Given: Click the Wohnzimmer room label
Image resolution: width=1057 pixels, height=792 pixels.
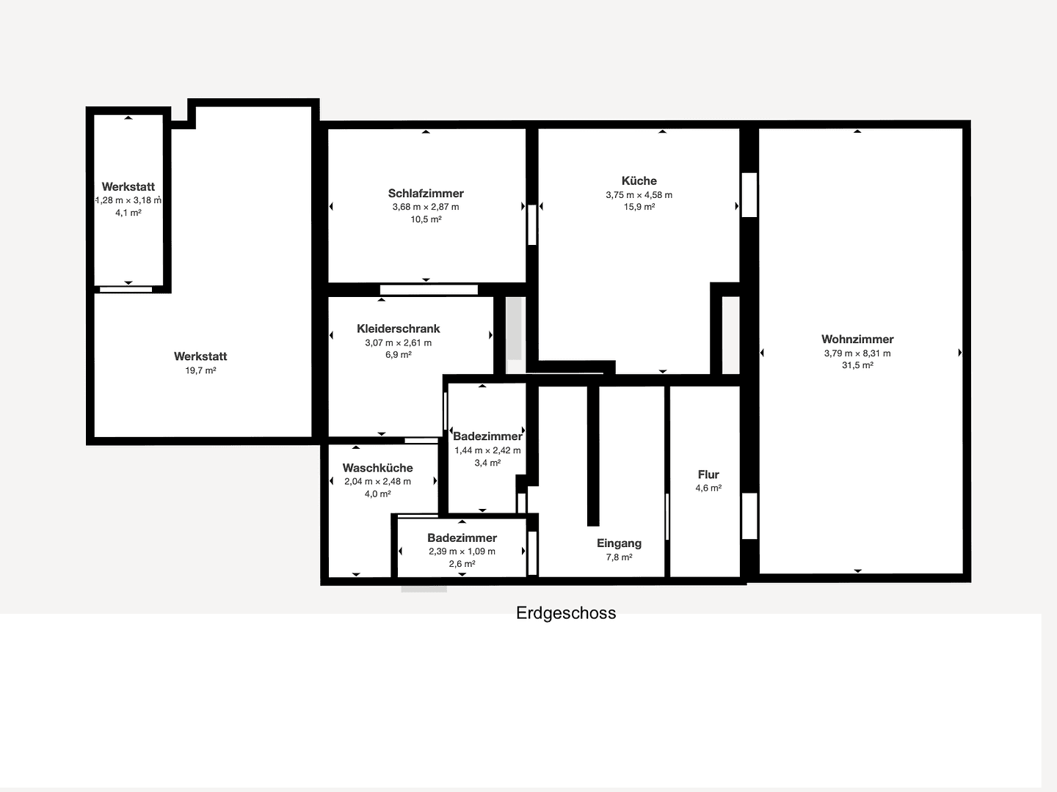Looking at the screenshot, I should pos(857,339).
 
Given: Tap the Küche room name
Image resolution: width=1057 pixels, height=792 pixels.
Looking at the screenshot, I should pos(639,181).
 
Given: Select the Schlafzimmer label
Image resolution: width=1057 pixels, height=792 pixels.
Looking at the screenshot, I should pos(426,194).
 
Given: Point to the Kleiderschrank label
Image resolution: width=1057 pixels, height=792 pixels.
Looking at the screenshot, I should pos(399,329).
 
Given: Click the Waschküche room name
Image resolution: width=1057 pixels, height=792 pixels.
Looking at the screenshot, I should pos(377,468).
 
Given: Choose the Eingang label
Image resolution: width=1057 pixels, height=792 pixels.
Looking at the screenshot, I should pos(619,543).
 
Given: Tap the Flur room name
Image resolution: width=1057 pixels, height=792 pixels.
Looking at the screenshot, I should pos(708,474).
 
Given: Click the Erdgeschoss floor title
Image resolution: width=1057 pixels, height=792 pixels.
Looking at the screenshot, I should pos(566,613).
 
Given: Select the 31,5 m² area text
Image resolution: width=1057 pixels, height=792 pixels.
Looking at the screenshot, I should pos(857,365).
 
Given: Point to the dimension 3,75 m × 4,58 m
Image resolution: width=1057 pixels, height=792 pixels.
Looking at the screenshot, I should pos(639,195).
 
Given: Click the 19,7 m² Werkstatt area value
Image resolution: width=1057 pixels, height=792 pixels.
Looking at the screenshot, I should pos(200,370).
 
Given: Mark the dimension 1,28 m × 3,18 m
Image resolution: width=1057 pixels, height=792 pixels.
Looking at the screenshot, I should pos(128,200).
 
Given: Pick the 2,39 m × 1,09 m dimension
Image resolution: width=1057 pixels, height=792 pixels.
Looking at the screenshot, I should pos(462,551).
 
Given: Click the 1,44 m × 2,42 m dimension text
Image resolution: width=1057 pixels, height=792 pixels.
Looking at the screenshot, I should pos(487,450).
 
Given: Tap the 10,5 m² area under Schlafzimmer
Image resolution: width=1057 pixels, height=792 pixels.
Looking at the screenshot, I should pos(426,219).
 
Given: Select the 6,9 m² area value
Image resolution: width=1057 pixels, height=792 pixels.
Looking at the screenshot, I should pos(399,355).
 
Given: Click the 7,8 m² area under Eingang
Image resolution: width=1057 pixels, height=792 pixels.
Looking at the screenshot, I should pos(619,557).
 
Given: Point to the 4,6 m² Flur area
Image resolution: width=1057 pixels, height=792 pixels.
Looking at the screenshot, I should pos(708,488).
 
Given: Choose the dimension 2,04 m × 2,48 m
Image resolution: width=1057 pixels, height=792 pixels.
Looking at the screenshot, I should pos(377,482).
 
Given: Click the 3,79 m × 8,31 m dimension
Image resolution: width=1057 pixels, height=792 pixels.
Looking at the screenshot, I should pos(857,353).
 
